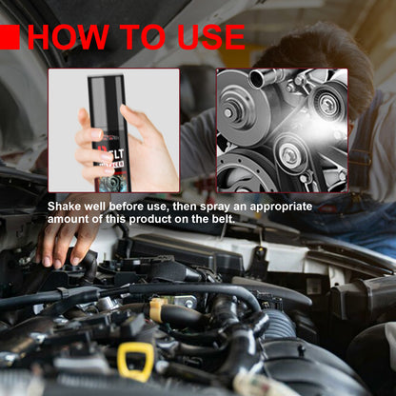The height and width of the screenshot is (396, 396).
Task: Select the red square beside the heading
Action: tap(10, 36)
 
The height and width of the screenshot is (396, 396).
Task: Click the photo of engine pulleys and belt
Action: tap(282, 129)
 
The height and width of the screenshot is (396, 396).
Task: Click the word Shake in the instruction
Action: tap(66, 205)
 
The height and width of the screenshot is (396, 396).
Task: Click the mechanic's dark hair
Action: tap(328, 48)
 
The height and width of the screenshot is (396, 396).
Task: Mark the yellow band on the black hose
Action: tap(156, 310)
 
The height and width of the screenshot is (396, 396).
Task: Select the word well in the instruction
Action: tap(99, 205)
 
